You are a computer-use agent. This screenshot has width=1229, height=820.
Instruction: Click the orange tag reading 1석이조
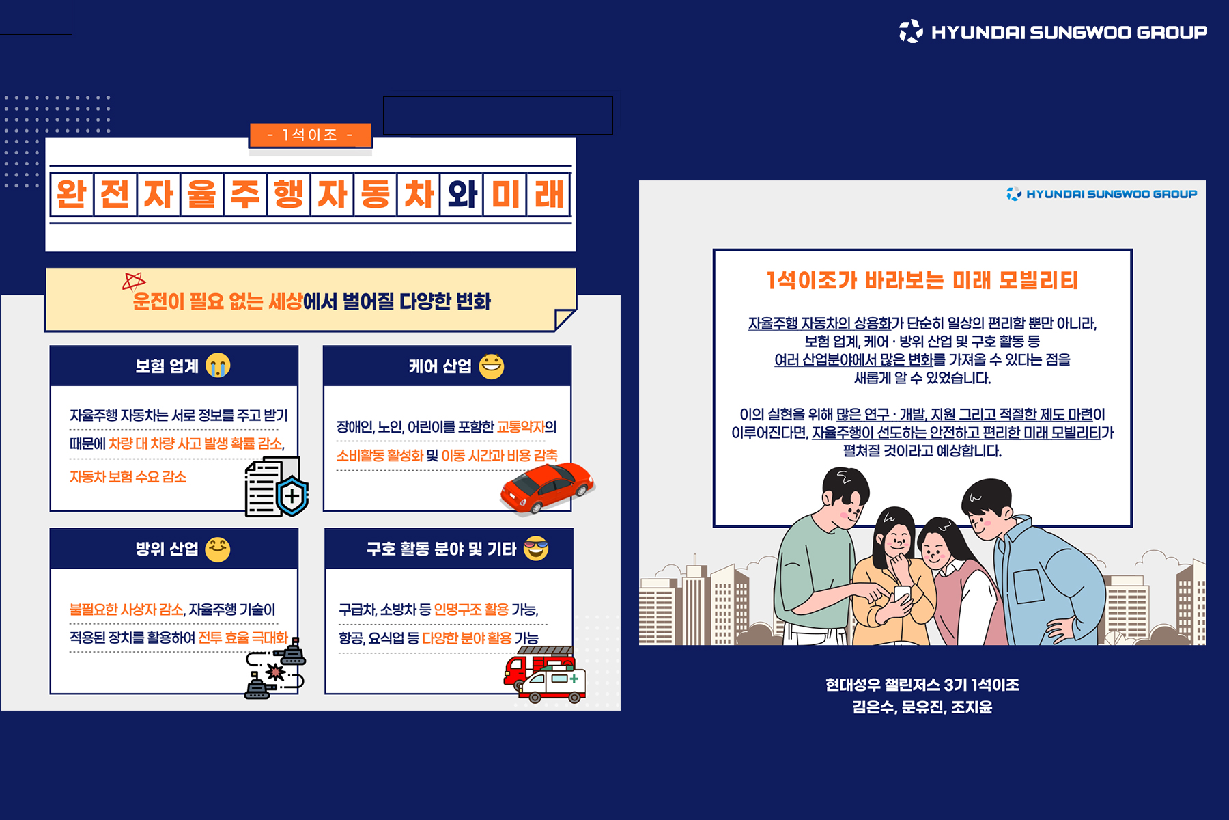click(311, 135)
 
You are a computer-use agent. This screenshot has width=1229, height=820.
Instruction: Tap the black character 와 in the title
click(462, 195)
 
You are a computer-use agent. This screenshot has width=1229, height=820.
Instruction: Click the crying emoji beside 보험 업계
click(218, 366)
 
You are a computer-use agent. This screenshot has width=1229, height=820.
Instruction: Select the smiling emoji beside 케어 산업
click(491, 366)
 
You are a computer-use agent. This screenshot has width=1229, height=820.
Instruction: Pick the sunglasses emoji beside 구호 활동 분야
click(536, 548)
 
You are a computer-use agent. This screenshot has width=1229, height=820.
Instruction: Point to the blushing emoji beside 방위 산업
click(218, 549)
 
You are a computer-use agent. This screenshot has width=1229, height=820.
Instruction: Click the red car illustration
click(547, 487)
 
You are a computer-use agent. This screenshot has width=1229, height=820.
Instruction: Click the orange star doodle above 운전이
click(134, 282)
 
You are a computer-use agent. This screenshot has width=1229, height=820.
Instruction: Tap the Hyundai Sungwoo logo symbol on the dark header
click(911, 31)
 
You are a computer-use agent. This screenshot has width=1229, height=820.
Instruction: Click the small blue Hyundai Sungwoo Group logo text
click(1111, 194)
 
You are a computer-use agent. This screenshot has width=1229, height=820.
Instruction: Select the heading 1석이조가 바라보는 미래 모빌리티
click(922, 280)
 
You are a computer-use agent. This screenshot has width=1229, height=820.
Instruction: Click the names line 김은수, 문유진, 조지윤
click(922, 707)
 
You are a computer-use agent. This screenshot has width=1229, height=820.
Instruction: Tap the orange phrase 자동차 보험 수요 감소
click(128, 477)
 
